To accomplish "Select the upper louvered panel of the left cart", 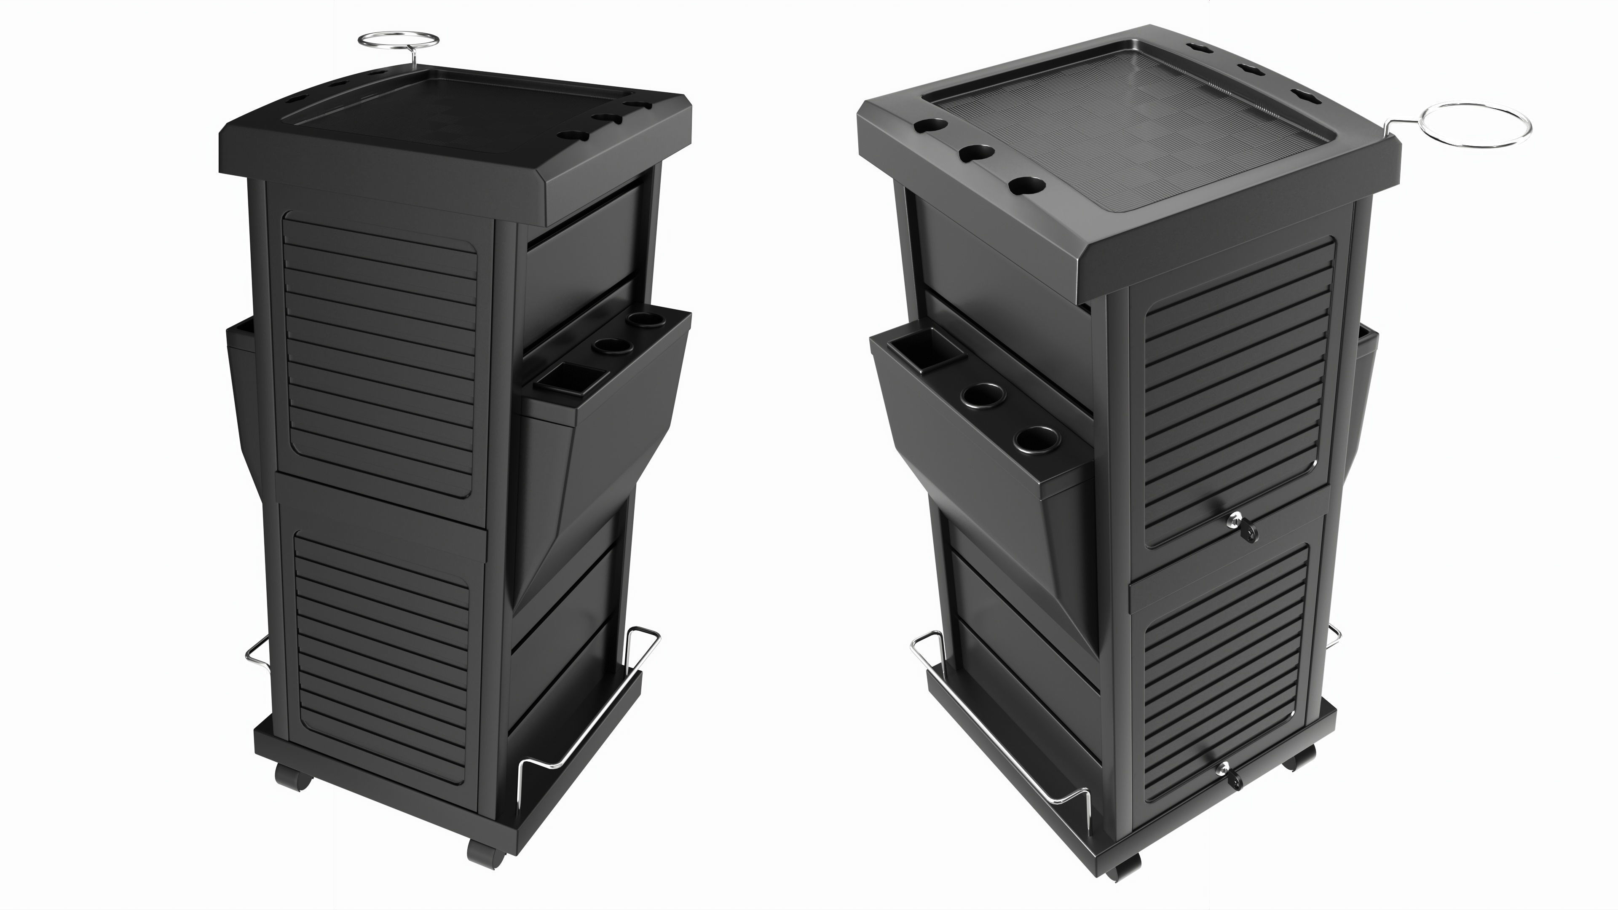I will [380, 352].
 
